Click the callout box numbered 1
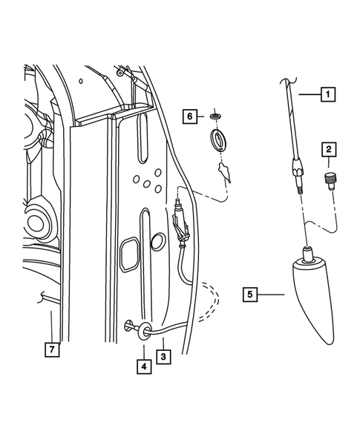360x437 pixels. coord(327,94)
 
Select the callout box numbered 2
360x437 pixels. coord(327,151)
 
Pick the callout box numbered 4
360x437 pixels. coord(142,365)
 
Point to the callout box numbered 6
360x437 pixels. coord(190,116)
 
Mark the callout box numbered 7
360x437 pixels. coord(50,346)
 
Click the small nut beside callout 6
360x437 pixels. coord(216,116)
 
